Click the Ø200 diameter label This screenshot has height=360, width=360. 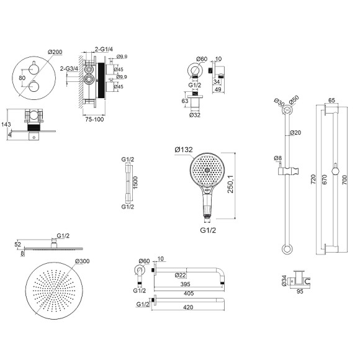(55, 52)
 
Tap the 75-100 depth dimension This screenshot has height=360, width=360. (94, 119)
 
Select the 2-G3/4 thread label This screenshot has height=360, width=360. (69, 68)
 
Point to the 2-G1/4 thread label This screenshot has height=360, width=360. (104, 49)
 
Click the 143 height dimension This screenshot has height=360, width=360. (6, 124)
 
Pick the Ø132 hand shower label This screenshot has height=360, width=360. (184, 150)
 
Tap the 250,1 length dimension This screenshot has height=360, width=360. (230, 184)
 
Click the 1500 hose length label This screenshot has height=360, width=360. (135, 182)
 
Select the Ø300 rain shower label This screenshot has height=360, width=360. (83, 261)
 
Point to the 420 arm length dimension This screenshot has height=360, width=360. (188, 307)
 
